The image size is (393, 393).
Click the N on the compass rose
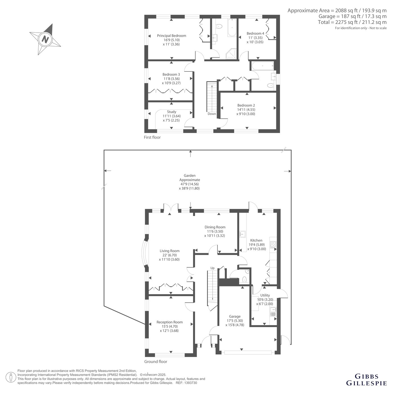tap(45, 39)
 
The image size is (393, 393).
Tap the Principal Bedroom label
tap(172, 36)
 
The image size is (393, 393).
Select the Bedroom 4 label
tap(255, 33)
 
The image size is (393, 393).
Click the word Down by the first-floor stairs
tap(212, 114)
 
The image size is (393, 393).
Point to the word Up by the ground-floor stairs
tap(212, 268)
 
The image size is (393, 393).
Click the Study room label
tap(172, 112)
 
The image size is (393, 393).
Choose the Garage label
tap(235, 316)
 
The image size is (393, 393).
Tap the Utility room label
tap(265, 295)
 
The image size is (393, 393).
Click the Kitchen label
tap(256, 240)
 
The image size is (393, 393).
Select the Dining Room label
tap(215, 227)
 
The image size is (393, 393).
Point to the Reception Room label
tap(169, 322)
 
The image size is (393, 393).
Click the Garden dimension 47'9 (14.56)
tap(189, 184)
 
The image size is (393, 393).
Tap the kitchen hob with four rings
tap(273, 244)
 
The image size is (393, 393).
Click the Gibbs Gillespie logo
tap(367, 379)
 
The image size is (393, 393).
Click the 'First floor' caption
tap(152, 137)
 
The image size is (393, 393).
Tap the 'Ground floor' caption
tap(156, 361)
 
